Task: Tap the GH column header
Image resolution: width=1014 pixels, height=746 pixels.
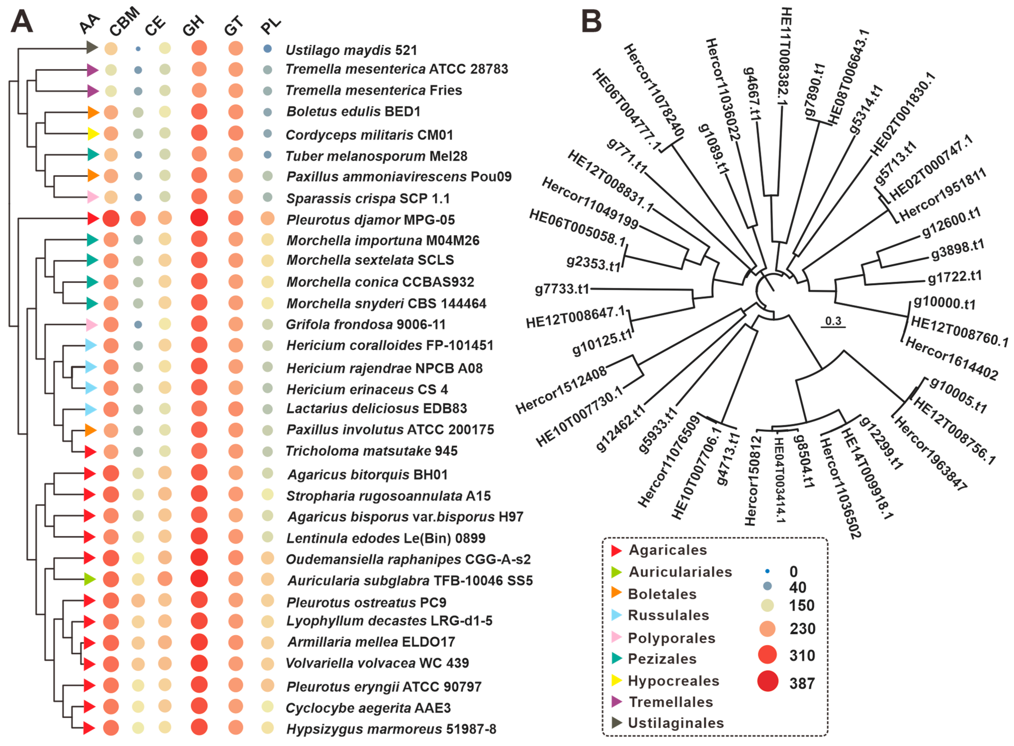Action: (193, 26)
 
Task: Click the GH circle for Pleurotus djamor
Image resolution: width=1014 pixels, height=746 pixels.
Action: (199, 218)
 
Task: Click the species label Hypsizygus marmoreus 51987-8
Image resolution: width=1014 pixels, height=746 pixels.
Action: (391, 729)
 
